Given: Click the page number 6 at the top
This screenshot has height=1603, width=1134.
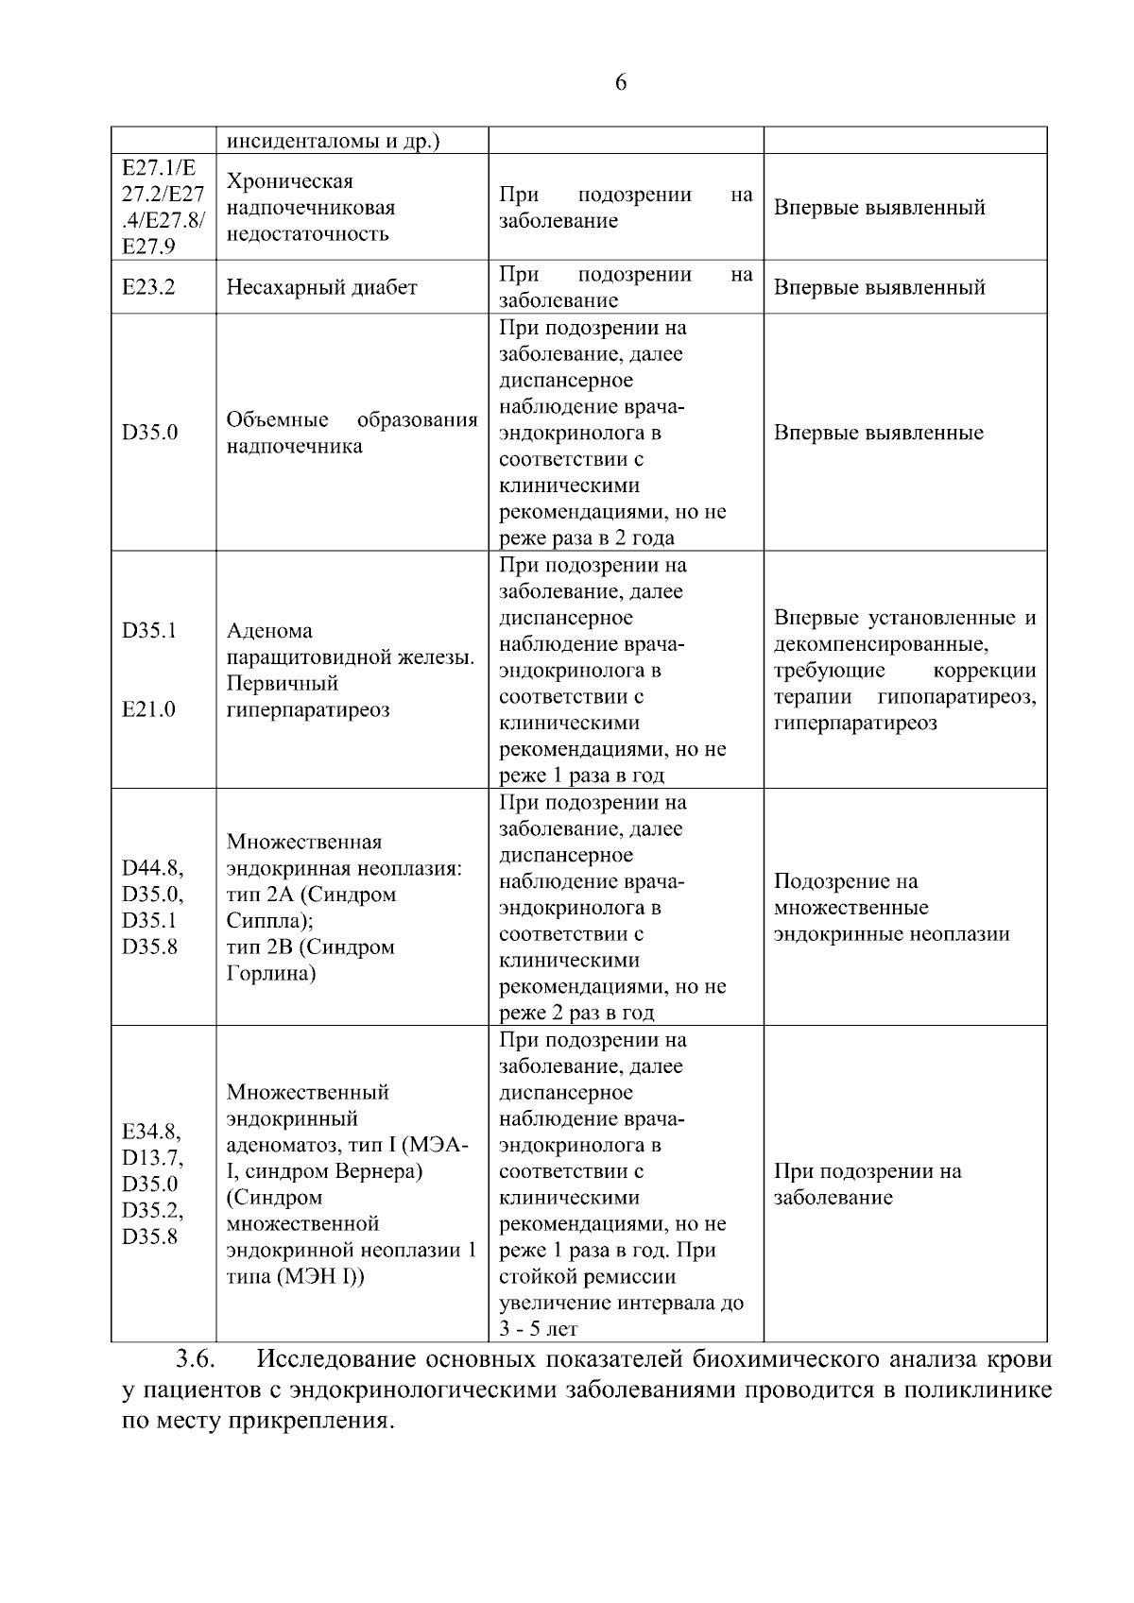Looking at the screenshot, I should [x=621, y=83].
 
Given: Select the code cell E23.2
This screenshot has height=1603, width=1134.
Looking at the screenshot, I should [x=148, y=287].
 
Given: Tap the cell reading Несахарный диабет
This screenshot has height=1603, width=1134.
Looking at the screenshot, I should [x=321, y=287].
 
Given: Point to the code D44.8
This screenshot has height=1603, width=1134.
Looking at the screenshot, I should [x=153, y=868].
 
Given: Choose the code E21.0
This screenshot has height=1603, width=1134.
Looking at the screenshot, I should [x=148, y=709].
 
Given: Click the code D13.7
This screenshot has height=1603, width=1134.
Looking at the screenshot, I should [x=153, y=1158].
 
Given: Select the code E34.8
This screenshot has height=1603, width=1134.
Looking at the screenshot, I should [x=151, y=1132].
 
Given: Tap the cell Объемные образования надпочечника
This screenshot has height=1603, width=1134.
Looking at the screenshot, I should [x=352, y=433].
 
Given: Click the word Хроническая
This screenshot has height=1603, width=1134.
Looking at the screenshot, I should [x=290, y=181].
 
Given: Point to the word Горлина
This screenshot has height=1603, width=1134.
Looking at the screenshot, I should [x=270, y=973].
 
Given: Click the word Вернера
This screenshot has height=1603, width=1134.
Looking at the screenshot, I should [x=377, y=1171].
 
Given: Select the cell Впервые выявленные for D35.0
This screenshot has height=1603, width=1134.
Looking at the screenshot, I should [x=879, y=433].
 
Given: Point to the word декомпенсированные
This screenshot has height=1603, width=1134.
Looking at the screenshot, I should [x=881, y=644].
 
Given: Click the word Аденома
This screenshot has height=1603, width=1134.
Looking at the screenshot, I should [x=269, y=631].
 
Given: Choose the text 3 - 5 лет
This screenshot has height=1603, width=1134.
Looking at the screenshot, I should [x=538, y=1329].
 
